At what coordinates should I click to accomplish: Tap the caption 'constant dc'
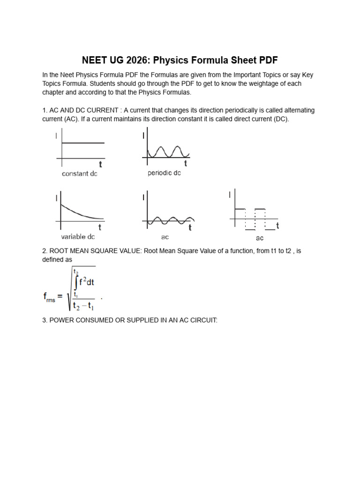(x=79, y=174)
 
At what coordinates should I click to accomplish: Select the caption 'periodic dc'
(x=164, y=173)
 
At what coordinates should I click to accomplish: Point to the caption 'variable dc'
(x=78, y=237)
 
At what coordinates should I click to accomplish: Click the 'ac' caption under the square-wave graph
(x=259, y=238)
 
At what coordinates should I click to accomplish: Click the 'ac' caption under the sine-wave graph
(x=165, y=237)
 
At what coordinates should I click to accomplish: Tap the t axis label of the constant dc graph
(x=101, y=165)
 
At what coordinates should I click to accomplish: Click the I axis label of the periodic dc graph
(x=143, y=136)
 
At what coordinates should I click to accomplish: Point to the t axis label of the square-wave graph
(x=277, y=226)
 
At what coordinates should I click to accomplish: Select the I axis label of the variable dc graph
(x=57, y=198)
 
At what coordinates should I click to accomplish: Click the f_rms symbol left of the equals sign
(x=49, y=297)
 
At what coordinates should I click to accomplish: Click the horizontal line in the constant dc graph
(x=83, y=143)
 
